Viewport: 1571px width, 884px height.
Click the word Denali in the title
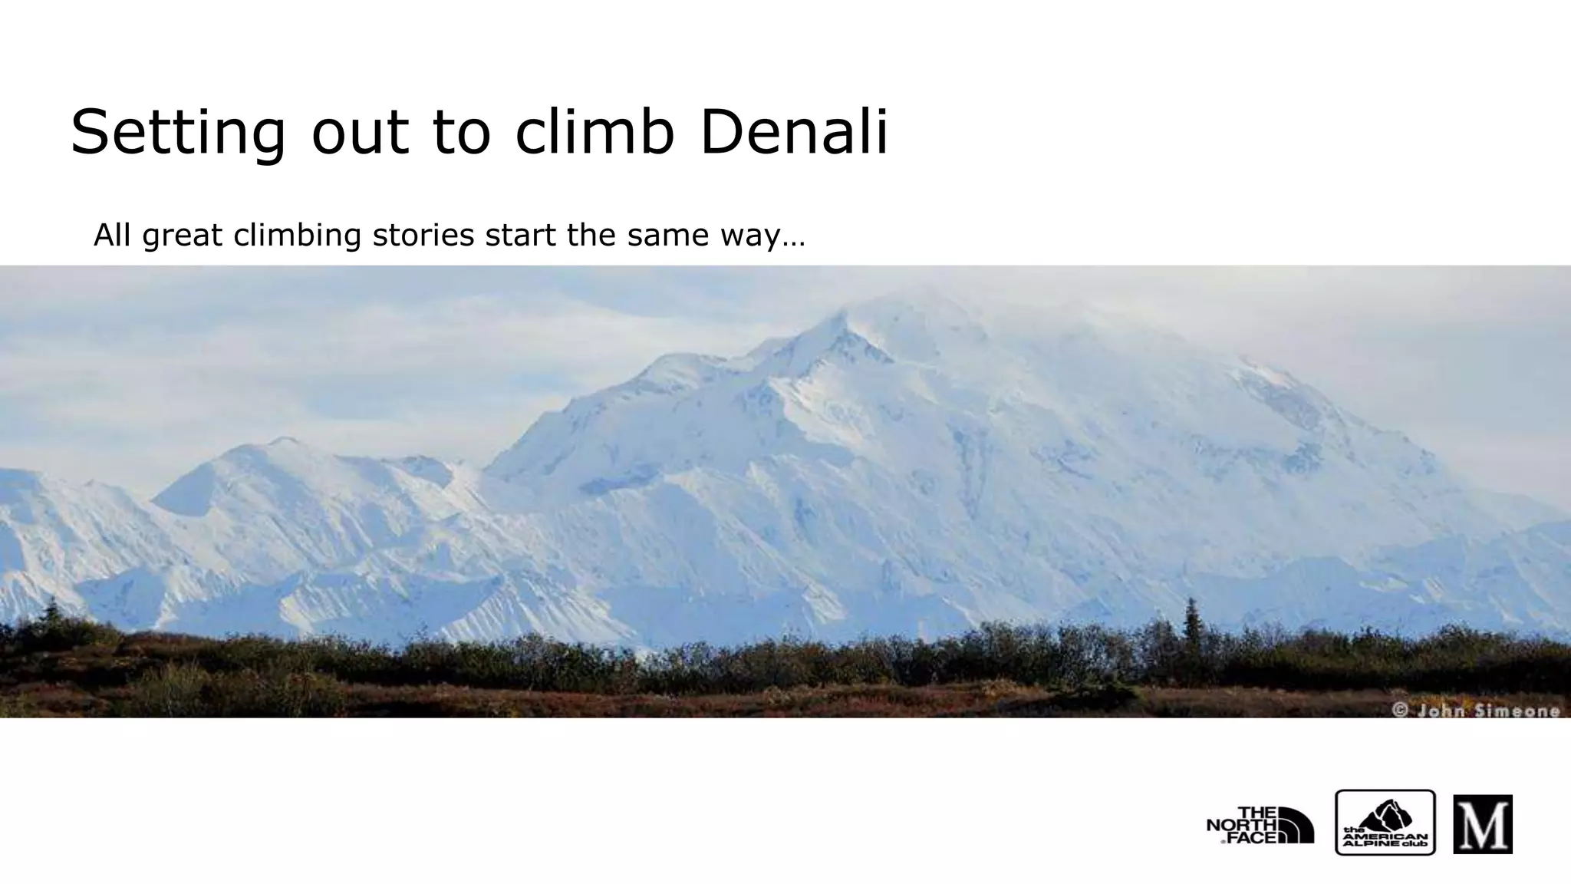(x=794, y=132)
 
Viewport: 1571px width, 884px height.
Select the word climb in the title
(x=594, y=132)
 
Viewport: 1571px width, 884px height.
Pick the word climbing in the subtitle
(x=297, y=236)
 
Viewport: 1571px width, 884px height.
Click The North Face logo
(x=1260, y=825)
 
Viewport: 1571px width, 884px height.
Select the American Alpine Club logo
(x=1385, y=823)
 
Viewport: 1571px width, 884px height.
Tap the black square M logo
(x=1482, y=824)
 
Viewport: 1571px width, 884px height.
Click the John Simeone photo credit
(x=1477, y=711)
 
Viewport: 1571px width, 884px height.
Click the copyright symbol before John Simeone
(x=1400, y=711)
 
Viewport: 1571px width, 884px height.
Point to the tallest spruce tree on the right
(x=1191, y=622)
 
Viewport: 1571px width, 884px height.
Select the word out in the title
(x=360, y=132)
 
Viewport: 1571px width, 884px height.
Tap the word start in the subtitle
(x=522, y=235)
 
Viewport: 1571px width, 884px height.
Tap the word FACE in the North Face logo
(x=1252, y=837)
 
